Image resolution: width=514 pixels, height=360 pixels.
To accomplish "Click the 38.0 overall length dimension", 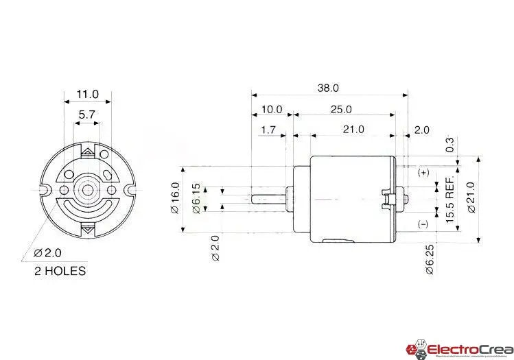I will (x=328, y=88).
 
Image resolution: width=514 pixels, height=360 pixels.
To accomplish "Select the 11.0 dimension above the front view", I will (x=88, y=94).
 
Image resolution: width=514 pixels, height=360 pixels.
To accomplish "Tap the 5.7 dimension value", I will (x=86, y=115).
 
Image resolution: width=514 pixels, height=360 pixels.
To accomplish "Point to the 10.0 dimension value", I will (x=271, y=109).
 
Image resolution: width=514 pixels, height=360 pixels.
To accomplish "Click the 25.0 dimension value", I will (x=340, y=109).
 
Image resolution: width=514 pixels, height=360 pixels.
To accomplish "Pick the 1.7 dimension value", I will (x=268, y=129).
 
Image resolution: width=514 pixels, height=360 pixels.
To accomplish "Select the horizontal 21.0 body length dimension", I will (x=353, y=129).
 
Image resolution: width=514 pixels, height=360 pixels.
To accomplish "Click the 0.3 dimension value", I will (x=450, y=145).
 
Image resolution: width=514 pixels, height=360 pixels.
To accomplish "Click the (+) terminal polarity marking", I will (x=423, y=173).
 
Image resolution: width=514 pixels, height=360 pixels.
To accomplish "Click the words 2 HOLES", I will (x=60, y=271).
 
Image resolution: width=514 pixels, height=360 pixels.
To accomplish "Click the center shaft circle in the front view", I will (x=87, y=188).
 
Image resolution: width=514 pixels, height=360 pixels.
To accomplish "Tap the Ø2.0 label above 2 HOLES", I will (x=46, y=254).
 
